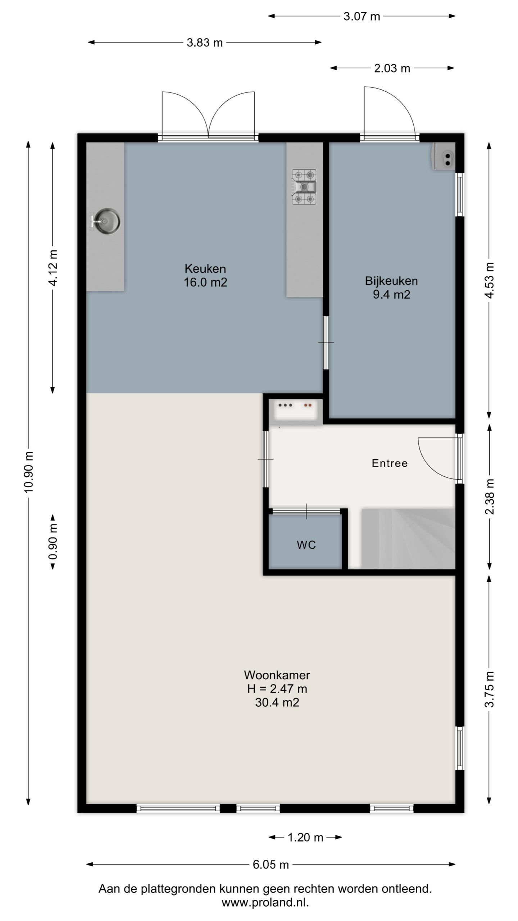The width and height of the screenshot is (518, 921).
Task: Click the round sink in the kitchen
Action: (x=107, y=221)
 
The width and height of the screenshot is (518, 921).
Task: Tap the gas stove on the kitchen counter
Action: (x=304, y=187)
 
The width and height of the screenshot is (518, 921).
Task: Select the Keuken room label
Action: (x=205, y=268)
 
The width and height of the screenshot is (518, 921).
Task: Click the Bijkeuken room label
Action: (x=391, y=281)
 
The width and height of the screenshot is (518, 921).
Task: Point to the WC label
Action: (x=306, y=545)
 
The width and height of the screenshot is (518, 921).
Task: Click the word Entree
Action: (x=390, y=463)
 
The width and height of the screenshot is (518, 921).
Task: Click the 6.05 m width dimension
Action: (x=271, y=864)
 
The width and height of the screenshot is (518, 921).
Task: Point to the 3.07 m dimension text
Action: (x=362, y=17)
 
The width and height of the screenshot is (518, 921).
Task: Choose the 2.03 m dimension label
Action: (x=392, y=68)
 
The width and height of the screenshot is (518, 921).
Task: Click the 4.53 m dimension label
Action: (x=490, y=281)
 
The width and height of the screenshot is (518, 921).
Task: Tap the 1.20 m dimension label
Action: (x=305, y=838)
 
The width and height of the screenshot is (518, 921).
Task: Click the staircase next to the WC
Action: (x=408, y=539)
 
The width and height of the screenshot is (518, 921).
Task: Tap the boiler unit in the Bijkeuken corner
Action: (x=444, y=156)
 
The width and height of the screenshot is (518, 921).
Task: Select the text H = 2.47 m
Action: (x=277, y=689)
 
